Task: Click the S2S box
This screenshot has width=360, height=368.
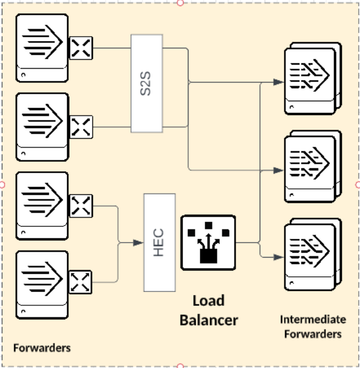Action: [147, 83]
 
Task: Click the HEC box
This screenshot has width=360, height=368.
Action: [159, 243]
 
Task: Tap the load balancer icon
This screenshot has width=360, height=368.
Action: [208, 243]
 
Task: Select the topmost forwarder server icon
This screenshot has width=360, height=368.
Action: [42, 48]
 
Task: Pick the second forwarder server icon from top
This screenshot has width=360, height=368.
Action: [42, 127]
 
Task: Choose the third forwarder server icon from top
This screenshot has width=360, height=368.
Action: [42, 206]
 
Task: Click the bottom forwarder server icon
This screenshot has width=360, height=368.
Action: [42, 285]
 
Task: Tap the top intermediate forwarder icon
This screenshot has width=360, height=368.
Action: [313, 78]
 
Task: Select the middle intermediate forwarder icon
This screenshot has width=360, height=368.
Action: [313, 167]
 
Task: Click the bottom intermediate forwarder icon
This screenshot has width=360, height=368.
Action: [313, 255]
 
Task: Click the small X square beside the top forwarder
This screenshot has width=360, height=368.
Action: [81, 48]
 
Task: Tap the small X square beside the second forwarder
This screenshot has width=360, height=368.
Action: [81, 127]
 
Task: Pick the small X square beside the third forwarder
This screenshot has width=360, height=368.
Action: [81, 206]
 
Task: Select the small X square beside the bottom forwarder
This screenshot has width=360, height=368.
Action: [80, 282]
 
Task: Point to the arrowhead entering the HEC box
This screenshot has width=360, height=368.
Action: [138, 243]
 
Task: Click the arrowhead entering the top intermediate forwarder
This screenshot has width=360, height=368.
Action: [278, 82]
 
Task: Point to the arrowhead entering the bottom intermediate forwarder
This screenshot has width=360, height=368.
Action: [278, 257]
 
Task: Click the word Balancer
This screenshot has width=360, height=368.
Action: [209, 320]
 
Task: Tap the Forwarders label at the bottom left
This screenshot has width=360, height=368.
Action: [42, 348]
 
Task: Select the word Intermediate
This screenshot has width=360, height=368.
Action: [313, 319]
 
